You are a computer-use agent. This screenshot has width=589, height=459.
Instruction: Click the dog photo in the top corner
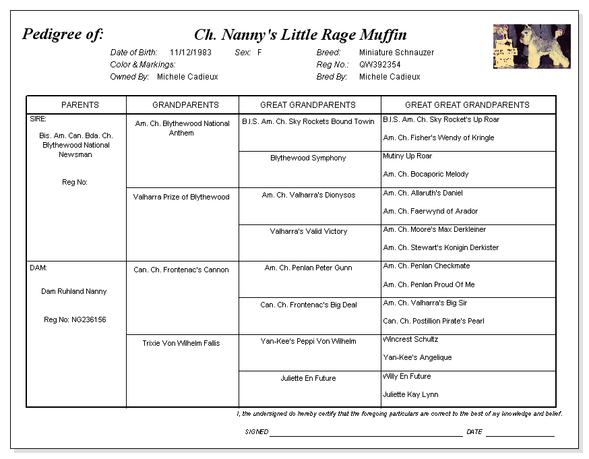click(531, 47)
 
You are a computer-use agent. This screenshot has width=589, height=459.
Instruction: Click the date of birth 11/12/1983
click(191, 53)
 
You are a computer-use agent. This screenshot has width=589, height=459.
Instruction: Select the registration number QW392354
click(379, 65)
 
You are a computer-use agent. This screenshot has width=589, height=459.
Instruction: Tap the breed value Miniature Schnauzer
click(396, 53)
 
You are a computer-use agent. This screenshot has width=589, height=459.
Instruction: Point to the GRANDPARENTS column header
click(185, 105)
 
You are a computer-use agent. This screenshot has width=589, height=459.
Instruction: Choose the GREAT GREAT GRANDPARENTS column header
click(467, 105)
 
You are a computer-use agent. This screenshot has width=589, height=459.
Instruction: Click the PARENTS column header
click(80, 105)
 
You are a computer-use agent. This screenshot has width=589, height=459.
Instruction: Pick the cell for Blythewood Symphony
click(308, 158)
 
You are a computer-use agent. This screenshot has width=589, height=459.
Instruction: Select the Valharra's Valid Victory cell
click(309, 232)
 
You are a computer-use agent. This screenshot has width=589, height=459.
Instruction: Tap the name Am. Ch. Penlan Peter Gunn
click(308, 268)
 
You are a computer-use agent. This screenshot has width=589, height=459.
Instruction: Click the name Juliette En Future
click(308, 379)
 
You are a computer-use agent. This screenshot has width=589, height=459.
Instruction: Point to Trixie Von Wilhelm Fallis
click(181, 344)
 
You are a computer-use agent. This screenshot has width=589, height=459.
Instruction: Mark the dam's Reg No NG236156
click(75, 320)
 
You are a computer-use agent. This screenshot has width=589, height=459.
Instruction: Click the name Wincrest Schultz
click(410, 340)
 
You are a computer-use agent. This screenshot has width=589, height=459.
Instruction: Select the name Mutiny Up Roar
click(407, 156)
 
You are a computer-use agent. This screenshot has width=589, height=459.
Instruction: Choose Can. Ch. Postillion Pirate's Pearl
click(433, 322)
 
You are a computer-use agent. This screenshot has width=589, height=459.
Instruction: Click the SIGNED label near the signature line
click(257, 432)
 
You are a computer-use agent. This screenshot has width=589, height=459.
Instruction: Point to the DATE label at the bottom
click(474, 432)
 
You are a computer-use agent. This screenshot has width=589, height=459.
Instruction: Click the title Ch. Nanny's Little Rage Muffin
click(300, 35)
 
